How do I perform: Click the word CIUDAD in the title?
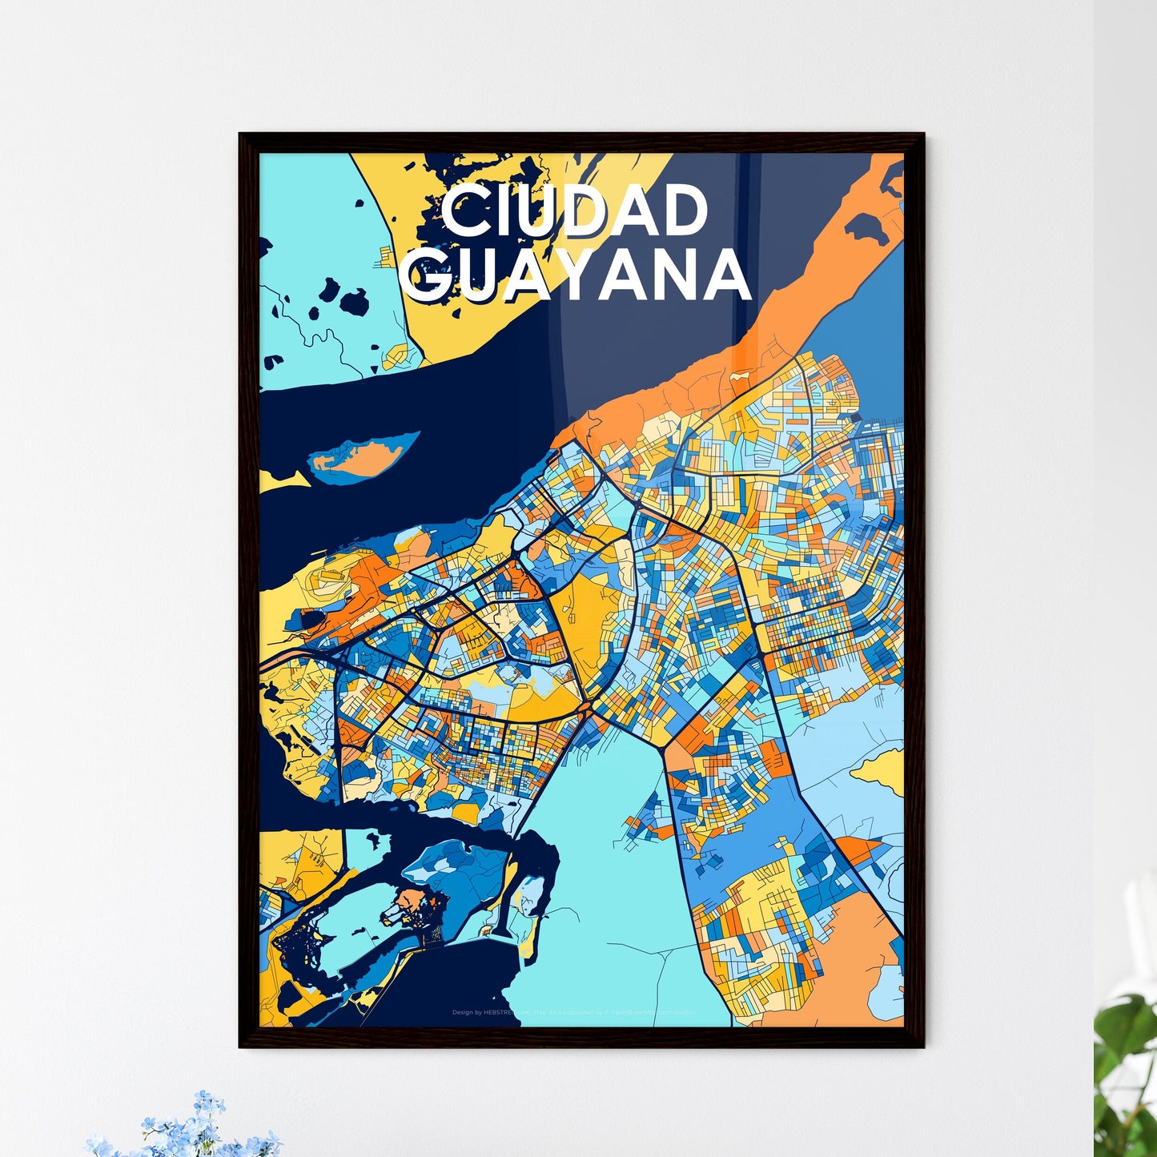pos(574,211)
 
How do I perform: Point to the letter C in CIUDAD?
pos(462,211)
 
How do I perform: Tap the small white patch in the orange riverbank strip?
pos(737,376)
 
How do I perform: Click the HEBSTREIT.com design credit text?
pos(491,1013)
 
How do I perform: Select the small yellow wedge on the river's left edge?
pos(280,481)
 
